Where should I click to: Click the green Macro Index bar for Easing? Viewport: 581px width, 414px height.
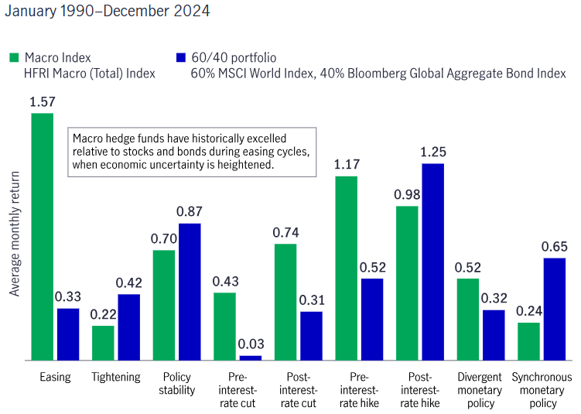pyautogui.click(x=43, y=236)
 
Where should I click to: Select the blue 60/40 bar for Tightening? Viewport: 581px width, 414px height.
pyautogui.click(x=128, y=327)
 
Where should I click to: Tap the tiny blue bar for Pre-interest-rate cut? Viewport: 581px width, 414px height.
pyautogui.click(x=250, y=358)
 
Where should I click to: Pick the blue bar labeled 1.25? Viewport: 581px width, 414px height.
pyautogui.click(x=432, y=262)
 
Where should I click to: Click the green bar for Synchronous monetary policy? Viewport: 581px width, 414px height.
pyautogui.click(x=529, y=340)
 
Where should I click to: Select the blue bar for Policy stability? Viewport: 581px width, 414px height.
pyautogui.click(x=189, y=291)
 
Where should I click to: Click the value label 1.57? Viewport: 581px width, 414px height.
pyautogui.click(x=42, y=102)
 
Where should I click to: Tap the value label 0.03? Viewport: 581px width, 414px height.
pyautogui.click(x=250, y=344)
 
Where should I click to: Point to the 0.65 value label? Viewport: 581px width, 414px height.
pyautogui.click(x=554, y=247)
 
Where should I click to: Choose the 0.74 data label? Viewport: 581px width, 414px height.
pyautogui.click(x=286, y=232)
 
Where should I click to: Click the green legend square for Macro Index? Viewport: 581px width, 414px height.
pyautogui.click(x=13, y=57)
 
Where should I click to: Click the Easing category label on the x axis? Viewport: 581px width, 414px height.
pyautogui.click(x=55, y=378)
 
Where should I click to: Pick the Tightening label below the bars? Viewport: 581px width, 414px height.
pyautogui.click(x=116, y=378)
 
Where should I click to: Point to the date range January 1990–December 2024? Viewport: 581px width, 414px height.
pyautogui.click(x=107, y=12)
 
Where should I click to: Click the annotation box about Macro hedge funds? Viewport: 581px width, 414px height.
pyautogui.click(x=191, y=152)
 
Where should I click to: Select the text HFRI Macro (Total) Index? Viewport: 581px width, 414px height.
pyautogui.click(x=90, y=74)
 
